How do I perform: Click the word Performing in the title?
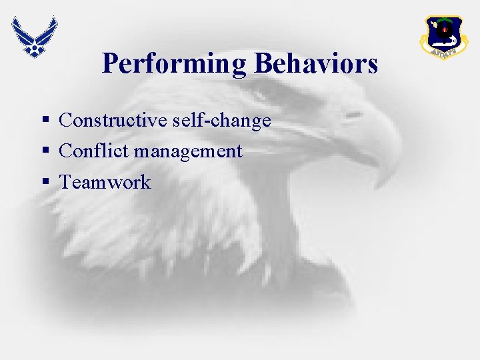175,65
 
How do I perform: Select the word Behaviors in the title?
316,64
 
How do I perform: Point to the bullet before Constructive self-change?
45,121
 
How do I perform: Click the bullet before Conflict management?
45,152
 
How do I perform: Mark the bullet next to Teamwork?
45,183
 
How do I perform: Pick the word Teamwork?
105,182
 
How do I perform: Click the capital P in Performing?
110,64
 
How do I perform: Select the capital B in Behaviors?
261,64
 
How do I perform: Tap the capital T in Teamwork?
65,182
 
